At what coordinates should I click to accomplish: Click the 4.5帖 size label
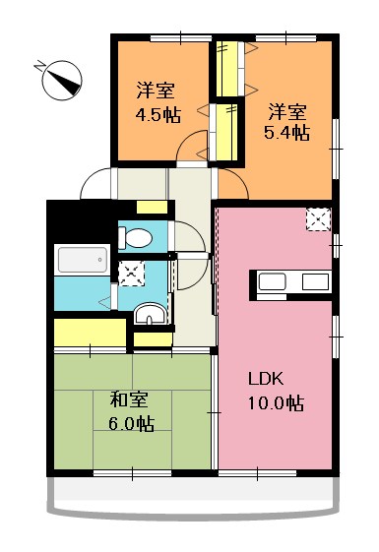click(158, 114)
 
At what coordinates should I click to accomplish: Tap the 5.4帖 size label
click(285, 133)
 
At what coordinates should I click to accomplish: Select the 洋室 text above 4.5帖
click(157, 92)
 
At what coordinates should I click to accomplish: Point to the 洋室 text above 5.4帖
click(285, 110)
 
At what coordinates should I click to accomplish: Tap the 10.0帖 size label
click(275, 403)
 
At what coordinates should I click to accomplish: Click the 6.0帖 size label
click(131, 424)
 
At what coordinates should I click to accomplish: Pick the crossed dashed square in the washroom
click(130, 273)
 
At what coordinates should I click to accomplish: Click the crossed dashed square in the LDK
click(317, 218)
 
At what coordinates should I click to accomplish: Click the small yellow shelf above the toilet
click(152, 208)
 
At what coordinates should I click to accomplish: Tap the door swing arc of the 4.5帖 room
click(190, 150)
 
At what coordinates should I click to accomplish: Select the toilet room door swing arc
click(187, 236)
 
